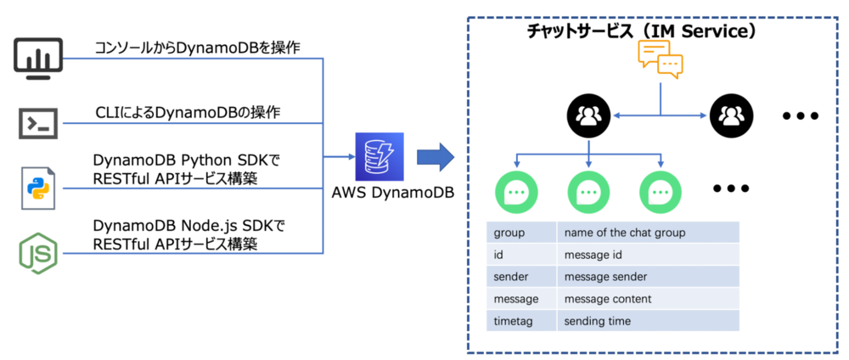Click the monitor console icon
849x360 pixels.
tap(39, 59)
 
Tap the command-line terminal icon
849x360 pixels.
tap(39, 123)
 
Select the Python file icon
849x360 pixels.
tap(38, 188)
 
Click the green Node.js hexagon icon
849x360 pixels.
tap(39, 253)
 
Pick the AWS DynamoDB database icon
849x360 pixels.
tap(380, 155)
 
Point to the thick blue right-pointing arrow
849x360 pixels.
tap(436, 156)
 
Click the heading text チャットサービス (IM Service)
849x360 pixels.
tap(641, 31)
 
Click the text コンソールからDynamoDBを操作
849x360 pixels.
tap(197, 48)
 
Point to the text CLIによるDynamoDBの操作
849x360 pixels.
tap(188, 112)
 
